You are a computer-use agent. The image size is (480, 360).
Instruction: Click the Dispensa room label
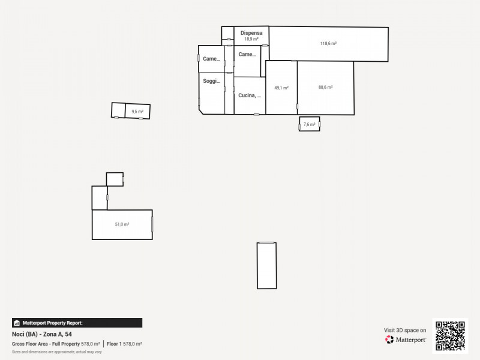click(x=251, y=33)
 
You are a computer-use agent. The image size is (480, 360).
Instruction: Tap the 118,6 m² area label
click(x=328, y=43)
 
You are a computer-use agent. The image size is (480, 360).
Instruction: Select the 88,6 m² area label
click(x=325, y=87)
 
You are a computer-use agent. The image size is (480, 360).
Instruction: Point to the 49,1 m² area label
click(x=281, y=88)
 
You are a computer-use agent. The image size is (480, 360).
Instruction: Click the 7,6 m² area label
click(x=309, y=124)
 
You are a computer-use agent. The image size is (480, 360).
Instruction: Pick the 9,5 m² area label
click(x=137, y=111)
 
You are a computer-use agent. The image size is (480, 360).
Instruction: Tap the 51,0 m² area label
click(x=122, y=224)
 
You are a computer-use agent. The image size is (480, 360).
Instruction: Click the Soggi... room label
click(x=211, y=81)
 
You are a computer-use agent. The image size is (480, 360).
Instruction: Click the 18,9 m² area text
click(x=251, y=39)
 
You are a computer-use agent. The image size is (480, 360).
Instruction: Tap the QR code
click(x=450, y=336)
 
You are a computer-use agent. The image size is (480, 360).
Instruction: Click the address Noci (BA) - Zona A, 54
click(x=42, y=334)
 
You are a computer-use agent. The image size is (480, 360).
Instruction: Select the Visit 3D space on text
click(x=405, y=330)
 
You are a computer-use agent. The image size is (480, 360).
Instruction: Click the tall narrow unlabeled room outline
click(x=267, y=265)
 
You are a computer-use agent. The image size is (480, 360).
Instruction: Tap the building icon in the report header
click(x=17, y=323)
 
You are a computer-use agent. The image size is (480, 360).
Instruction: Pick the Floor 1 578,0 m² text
click(x=124, y=344)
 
